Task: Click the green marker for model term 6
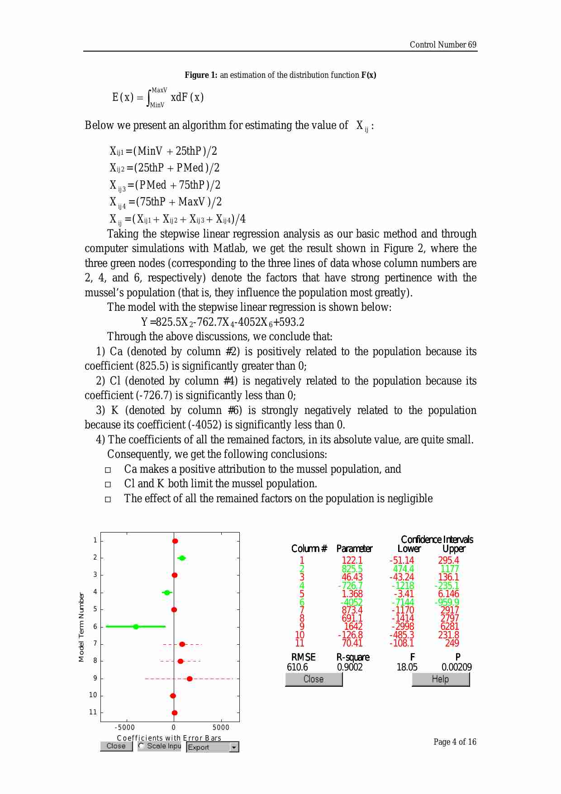[x=136, y=627]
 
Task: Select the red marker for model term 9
[x=190, y=679]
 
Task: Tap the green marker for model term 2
[x=182, y=558]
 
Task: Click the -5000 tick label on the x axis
[x=125, y=727]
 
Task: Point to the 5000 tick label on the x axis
[x=221, y=727]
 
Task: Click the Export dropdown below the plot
[x=212, y=747]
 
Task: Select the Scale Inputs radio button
[x=142, y=746]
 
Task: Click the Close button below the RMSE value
[x=314, y=679]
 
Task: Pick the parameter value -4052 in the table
[x=352, y=602]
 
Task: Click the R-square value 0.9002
[x=350, y=667]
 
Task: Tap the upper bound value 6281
[x=449, y=627]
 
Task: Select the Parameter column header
[x=354, y=549]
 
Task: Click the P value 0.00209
[x=456, y=667]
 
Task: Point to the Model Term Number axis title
[x=81, y=627]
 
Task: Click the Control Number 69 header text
[x=442, y=44]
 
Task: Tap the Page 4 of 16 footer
[x=455, y=742]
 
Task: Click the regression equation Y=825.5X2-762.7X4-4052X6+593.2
[x=223, y=322]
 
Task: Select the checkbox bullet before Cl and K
[x=108, y=485]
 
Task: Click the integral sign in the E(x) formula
[x=148, y=97]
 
